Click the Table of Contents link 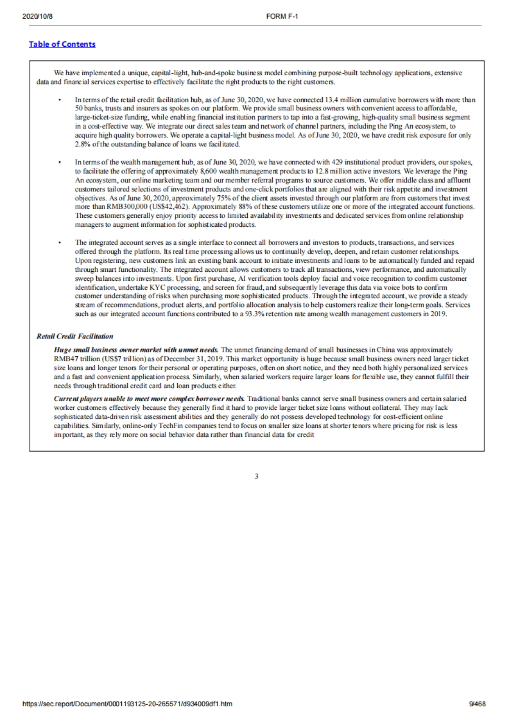(x=62, y=44)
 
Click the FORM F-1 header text (x=282, y=17)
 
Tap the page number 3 (x=256, y=476)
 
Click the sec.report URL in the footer (x=127, y=704)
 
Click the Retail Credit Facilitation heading (x=75, y=336)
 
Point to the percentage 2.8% (x=82, y=144)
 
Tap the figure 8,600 (x=208, y=171)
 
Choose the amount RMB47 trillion (x=75, y=359)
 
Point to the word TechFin (x=171, y=425)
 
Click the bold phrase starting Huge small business (x=136, y=350)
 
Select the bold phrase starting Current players (x=149, y=399)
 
